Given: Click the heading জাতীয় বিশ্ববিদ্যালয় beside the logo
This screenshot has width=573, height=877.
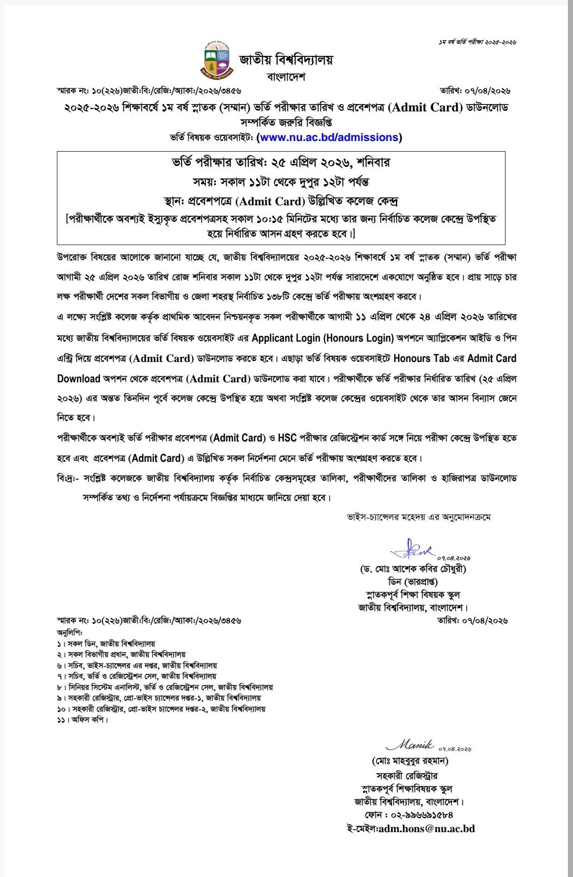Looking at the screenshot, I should click(286, 60).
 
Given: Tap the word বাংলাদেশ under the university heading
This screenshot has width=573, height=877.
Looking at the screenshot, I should click(286, 77).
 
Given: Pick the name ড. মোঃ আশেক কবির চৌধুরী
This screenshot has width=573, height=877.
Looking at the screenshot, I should click(413, 569).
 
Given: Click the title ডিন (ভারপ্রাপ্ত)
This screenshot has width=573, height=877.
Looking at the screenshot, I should click(413, 582).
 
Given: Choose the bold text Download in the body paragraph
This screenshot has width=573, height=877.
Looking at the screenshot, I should click(79, 379).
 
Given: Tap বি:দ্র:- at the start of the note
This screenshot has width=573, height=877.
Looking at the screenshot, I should click(68, 478).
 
